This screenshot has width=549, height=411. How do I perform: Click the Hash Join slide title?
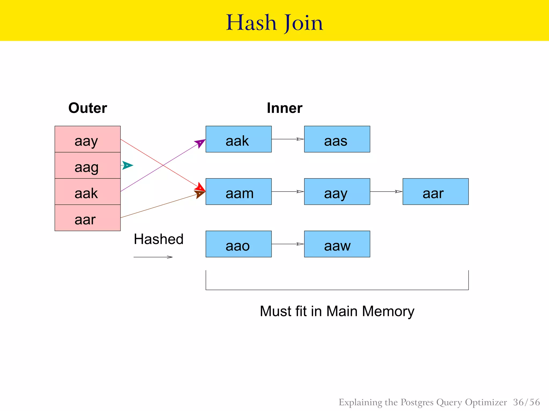click(274, 22)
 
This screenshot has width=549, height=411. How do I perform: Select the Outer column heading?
click(88, 108)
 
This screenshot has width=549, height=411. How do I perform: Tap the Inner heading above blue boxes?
click(284, 108)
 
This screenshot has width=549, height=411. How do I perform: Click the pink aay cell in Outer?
click(88, 139)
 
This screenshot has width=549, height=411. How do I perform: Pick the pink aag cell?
click(88, 166)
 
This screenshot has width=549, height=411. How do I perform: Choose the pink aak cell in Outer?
click(88, 192)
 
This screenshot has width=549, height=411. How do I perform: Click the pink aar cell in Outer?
click(88, 218)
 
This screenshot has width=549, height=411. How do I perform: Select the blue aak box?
click(239, 139)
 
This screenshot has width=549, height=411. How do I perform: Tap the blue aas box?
click(337, 139)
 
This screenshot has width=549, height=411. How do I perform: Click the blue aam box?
click(239, 192)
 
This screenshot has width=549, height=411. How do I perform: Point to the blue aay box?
click(337, 192)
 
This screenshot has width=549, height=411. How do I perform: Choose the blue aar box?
click(436, 192)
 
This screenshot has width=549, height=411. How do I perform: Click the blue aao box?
click(239, 244)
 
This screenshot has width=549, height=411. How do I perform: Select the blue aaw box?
click(337, 244)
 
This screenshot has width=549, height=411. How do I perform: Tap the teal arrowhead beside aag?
click(127, 165)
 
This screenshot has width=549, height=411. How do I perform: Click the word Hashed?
click(158, 239)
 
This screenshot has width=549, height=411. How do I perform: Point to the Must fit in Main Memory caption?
click(337, 311)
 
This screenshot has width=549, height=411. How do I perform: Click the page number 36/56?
click(526, 402)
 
